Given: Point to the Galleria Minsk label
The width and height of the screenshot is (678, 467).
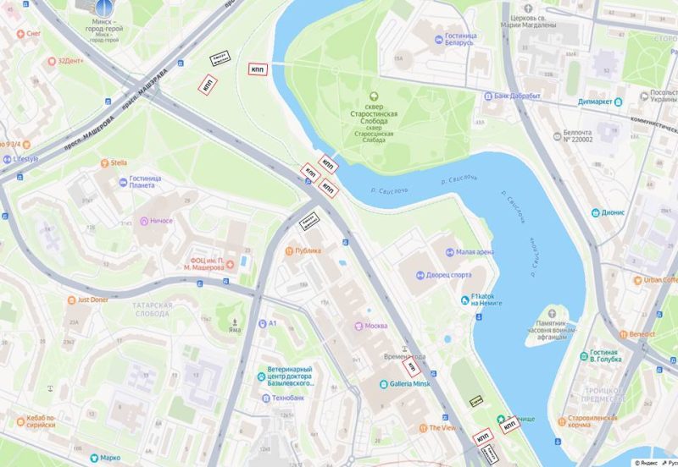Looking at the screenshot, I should (410, 383).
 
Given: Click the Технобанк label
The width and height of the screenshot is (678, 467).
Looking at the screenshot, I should (288, 397).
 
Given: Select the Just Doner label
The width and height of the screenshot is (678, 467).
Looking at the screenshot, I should (94, 299).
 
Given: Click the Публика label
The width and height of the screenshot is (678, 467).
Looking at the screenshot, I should (308, 250).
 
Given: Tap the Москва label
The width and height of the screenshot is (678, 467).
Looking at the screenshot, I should (375, 326).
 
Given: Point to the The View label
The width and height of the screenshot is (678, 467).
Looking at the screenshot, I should (442, 428).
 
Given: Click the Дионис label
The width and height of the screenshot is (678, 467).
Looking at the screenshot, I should (613, 213).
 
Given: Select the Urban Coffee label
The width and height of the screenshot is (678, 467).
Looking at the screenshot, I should (660, 280).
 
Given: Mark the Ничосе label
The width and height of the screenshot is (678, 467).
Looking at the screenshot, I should (160, 221).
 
